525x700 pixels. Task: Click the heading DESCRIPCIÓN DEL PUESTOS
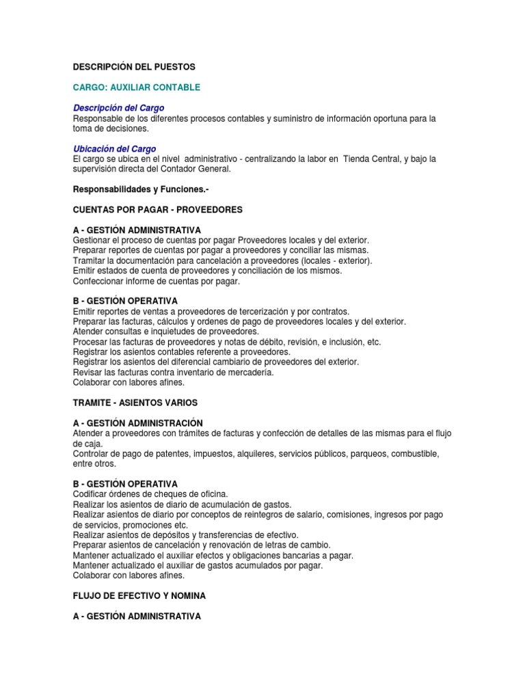134,67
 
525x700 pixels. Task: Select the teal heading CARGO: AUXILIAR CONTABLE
137,87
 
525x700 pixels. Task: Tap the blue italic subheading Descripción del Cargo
118,108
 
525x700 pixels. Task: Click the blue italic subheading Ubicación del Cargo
114,148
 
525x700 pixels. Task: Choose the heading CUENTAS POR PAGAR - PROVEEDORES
158,209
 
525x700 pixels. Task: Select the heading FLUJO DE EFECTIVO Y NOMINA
139,596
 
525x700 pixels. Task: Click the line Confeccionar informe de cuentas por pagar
157,280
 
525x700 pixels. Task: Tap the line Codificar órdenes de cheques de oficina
150,494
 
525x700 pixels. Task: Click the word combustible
429,454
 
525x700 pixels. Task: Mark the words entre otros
95,463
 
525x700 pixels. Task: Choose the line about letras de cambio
201,545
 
